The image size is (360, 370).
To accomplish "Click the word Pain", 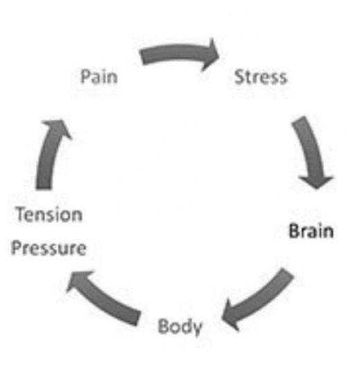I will tap(99, 76).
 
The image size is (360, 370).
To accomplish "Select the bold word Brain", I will tap(310, 231).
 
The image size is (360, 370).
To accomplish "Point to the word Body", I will tap(180, 326).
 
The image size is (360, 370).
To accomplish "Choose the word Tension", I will tap(48, 215).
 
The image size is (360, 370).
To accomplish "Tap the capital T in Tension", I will tap(19, 215).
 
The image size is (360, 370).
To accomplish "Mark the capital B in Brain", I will tap(293, 231).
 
